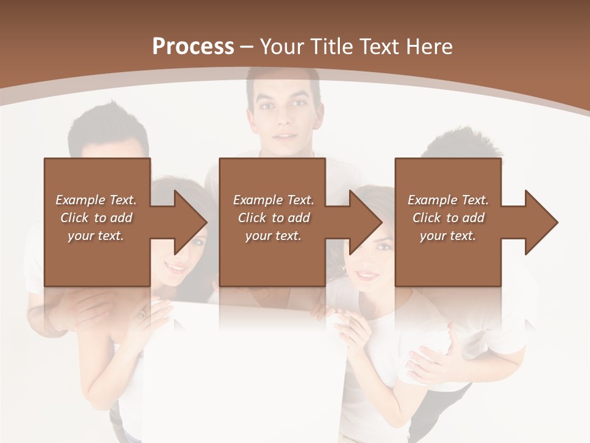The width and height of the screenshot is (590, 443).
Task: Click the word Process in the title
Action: click(x=193, y=46)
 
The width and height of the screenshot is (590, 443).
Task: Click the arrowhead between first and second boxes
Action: click(x=191, y=222)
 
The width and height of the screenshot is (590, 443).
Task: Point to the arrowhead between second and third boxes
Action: click(x=366, y=222)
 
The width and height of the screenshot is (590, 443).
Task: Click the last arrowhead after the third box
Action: click(x=541, y=222)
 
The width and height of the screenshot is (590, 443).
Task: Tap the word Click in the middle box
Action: click(x=252, y=218)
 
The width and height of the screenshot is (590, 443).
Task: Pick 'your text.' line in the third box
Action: click(x=447, y=236)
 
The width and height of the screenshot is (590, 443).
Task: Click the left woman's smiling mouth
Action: click(x=176, y=268)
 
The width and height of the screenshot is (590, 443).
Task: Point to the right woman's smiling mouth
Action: click(x=368, y=275)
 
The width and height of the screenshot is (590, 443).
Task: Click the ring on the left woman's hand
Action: click(x=142, y=314)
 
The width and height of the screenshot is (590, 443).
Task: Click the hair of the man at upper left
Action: click(x=108, y=123)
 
